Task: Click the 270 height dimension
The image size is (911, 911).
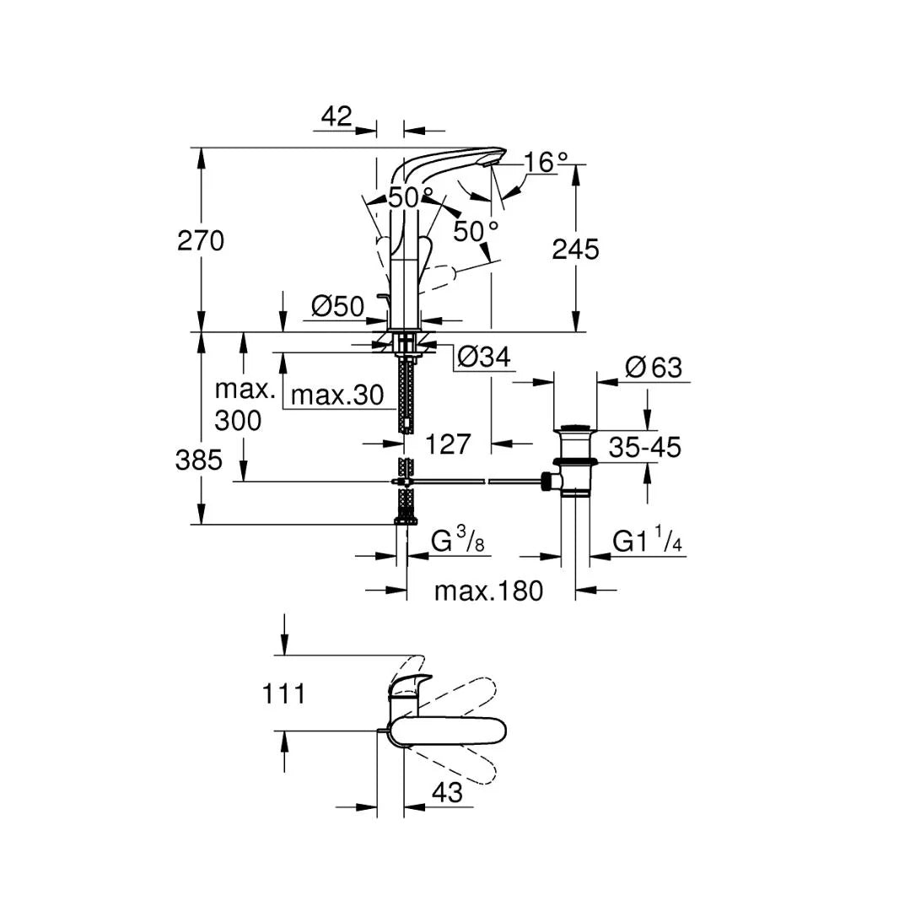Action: click(201, 241)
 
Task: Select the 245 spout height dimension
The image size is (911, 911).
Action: click(575, 249)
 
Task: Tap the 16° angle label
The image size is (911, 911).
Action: click(546, 162)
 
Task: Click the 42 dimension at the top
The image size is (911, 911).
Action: click(336, 116)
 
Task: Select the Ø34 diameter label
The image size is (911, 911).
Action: click(483, 358)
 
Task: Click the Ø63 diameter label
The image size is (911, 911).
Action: click(654, 368)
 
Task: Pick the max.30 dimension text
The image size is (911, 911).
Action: click(337, 395)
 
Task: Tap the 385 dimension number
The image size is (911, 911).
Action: click(199, 460)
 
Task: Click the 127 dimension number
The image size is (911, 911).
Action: click(448, 444)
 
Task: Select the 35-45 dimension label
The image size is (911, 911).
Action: click(644, 447)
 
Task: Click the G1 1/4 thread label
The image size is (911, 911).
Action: click(647, 542)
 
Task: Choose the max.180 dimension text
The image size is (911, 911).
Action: click(488, 590)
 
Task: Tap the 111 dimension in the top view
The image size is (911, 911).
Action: click(283, 694)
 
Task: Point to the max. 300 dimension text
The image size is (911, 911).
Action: click(244, 405)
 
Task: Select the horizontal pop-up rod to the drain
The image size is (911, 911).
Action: click(472, 482)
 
